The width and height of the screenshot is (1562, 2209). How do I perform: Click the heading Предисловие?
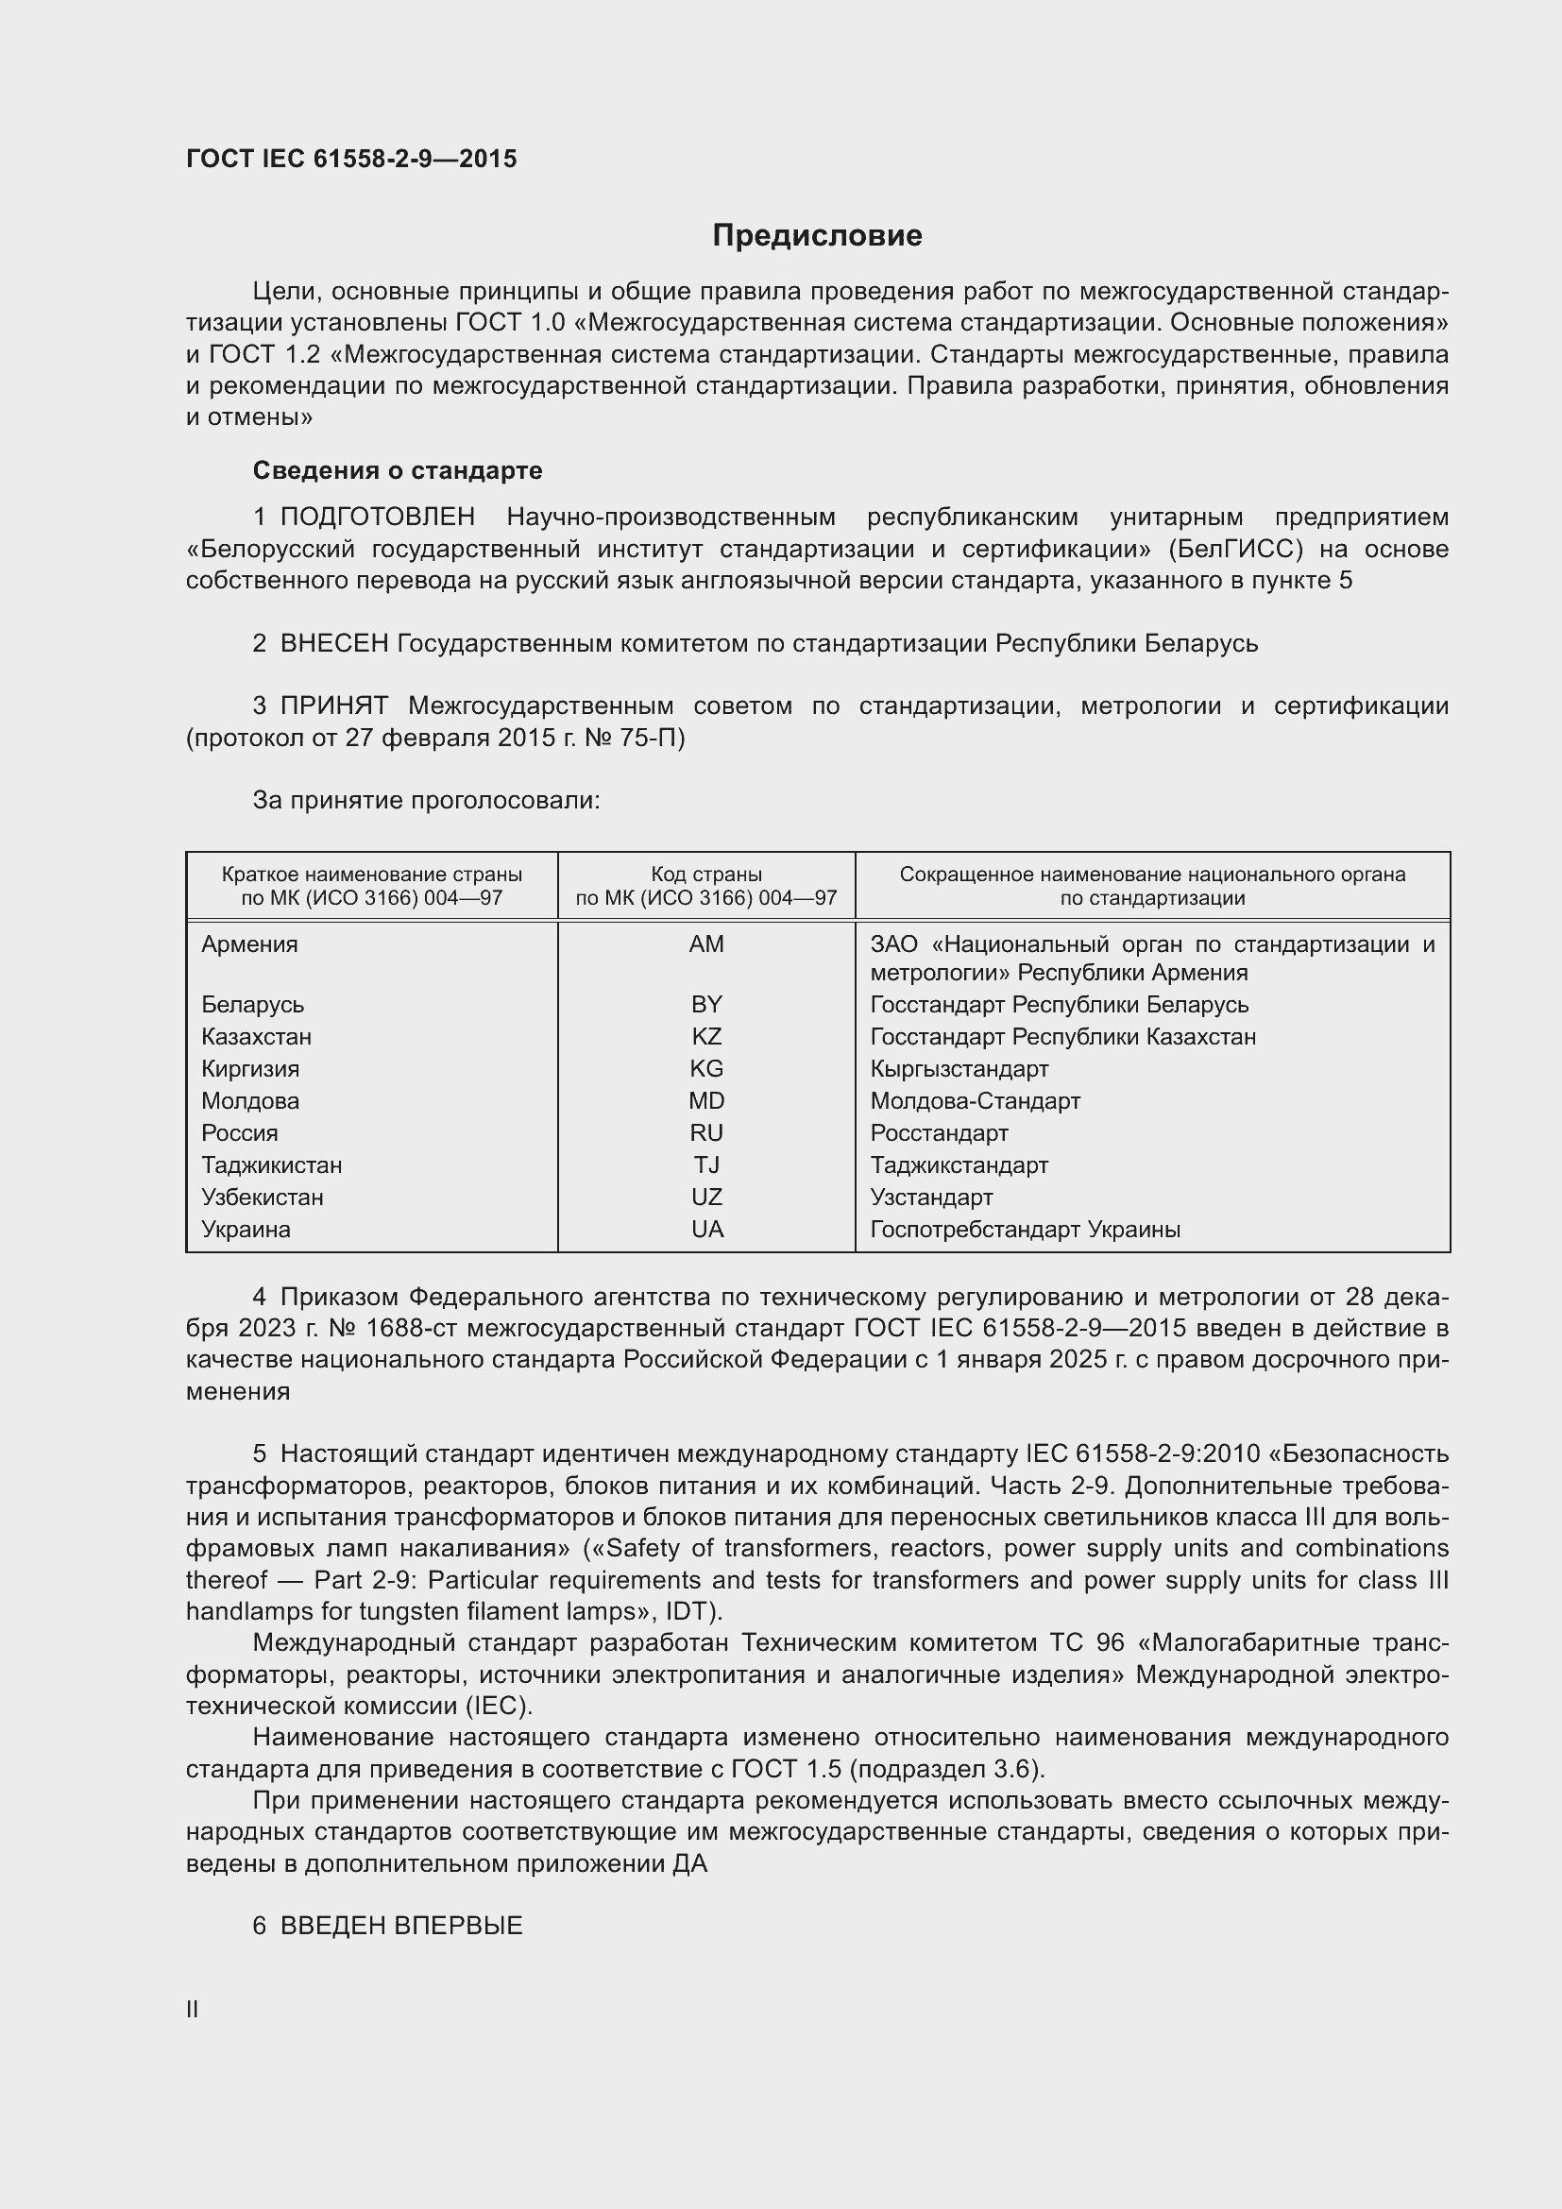(817, 236)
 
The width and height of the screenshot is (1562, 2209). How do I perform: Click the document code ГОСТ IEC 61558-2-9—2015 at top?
(351, 159)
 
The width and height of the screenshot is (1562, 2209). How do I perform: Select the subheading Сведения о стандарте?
(398, 470)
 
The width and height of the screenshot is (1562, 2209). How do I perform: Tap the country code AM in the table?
(706, 943)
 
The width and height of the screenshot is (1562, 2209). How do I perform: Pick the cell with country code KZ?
(706, 1036)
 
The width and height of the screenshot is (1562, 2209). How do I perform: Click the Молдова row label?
(250, 1100)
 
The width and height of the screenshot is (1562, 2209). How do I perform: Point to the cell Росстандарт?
(939, 1133)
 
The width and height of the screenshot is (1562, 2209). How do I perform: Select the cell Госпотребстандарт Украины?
(1026, 1230)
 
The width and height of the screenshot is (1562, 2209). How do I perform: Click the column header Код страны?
(706, 875)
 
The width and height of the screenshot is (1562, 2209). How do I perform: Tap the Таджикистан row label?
(271, 1165)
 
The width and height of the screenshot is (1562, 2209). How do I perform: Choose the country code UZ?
(706, 1197)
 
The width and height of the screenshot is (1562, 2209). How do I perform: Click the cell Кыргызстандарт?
(959, 1069)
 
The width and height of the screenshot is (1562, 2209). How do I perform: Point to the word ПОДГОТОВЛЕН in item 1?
(377, 518)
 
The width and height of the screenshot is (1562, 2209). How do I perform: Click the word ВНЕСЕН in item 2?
(333, 644)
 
